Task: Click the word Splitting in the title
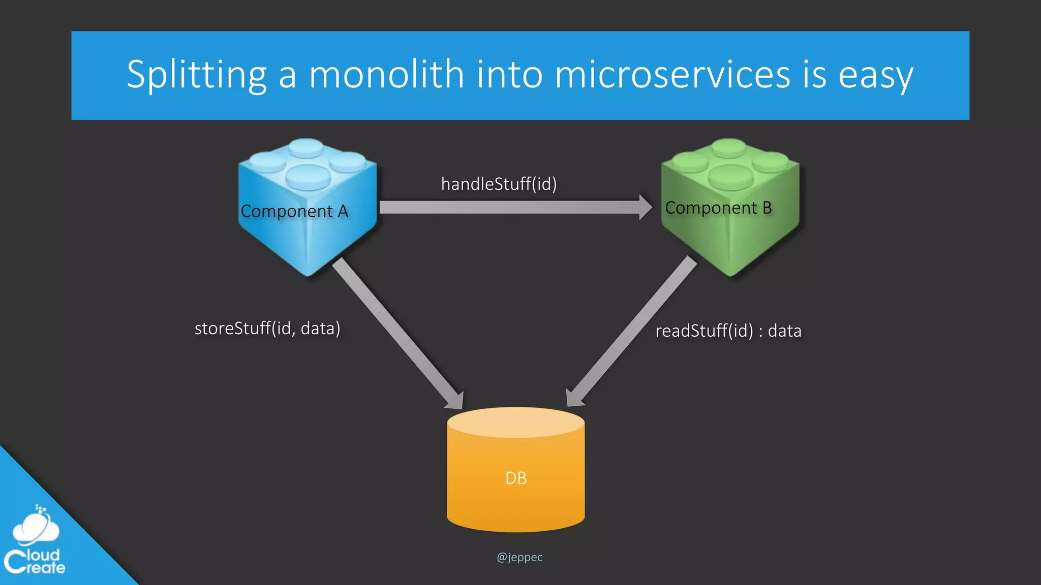(x=196, y=75)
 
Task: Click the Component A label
(x=294, y=211)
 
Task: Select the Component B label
(x=718, y=208)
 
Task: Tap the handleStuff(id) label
(x=499, y=184)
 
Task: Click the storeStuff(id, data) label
(x=267, y=329)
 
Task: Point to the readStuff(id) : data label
(x=728, y=331)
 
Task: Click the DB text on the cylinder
(x=516, y=478)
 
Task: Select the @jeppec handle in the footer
(x=519, y=557)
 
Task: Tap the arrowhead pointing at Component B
(x=645, y=207)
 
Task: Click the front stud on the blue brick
(x=308, y=177)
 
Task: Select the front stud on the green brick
(x=730, y=177)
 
